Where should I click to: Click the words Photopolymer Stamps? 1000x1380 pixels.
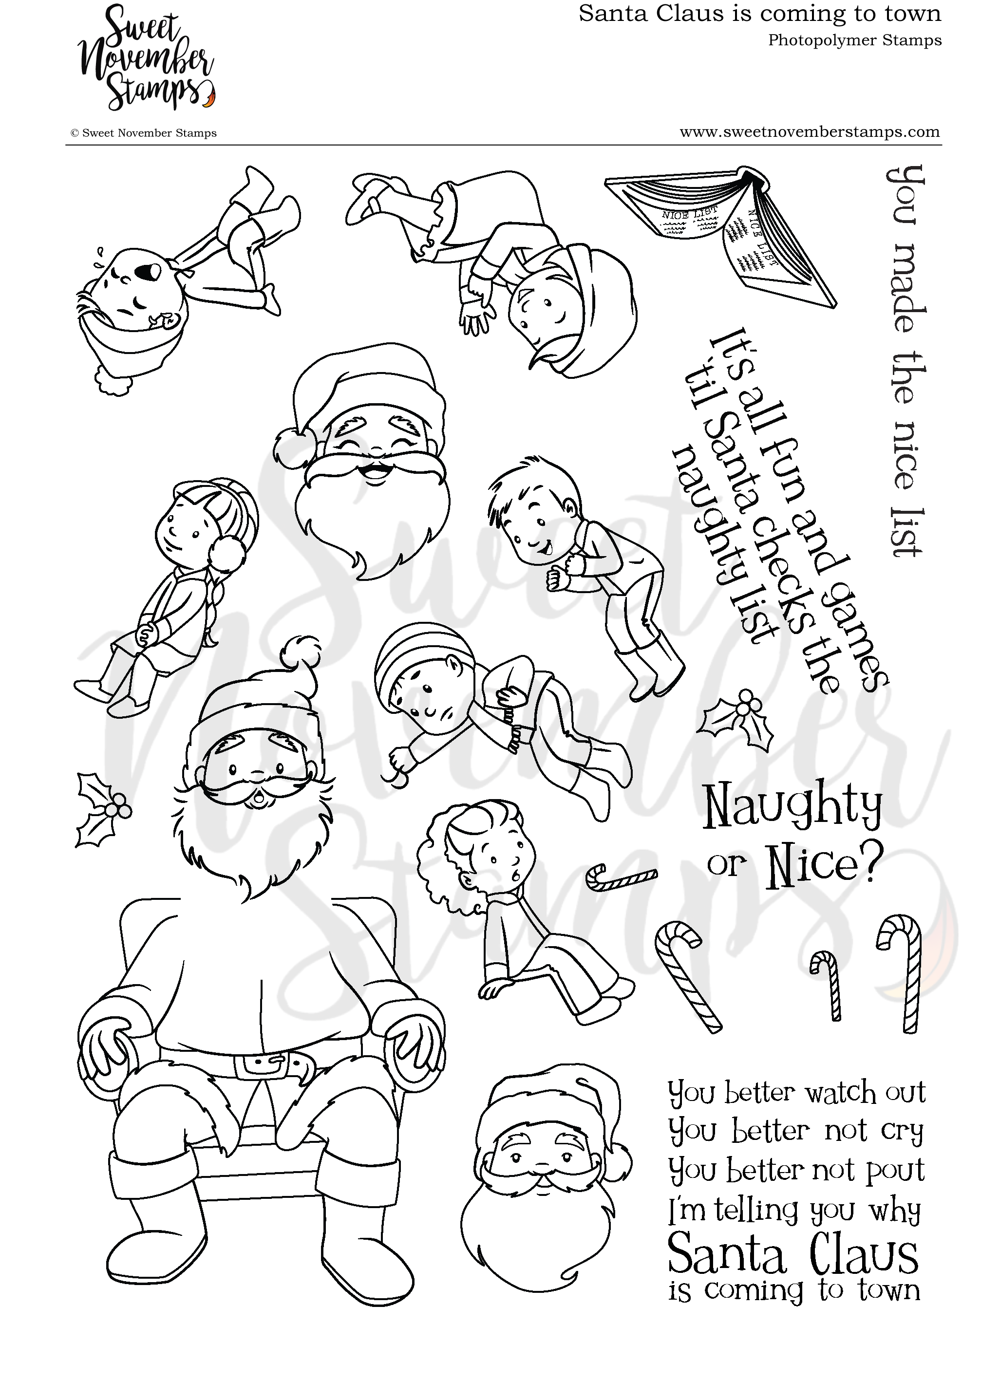point(854,41)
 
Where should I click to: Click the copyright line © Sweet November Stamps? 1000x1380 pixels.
point(144,133)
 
